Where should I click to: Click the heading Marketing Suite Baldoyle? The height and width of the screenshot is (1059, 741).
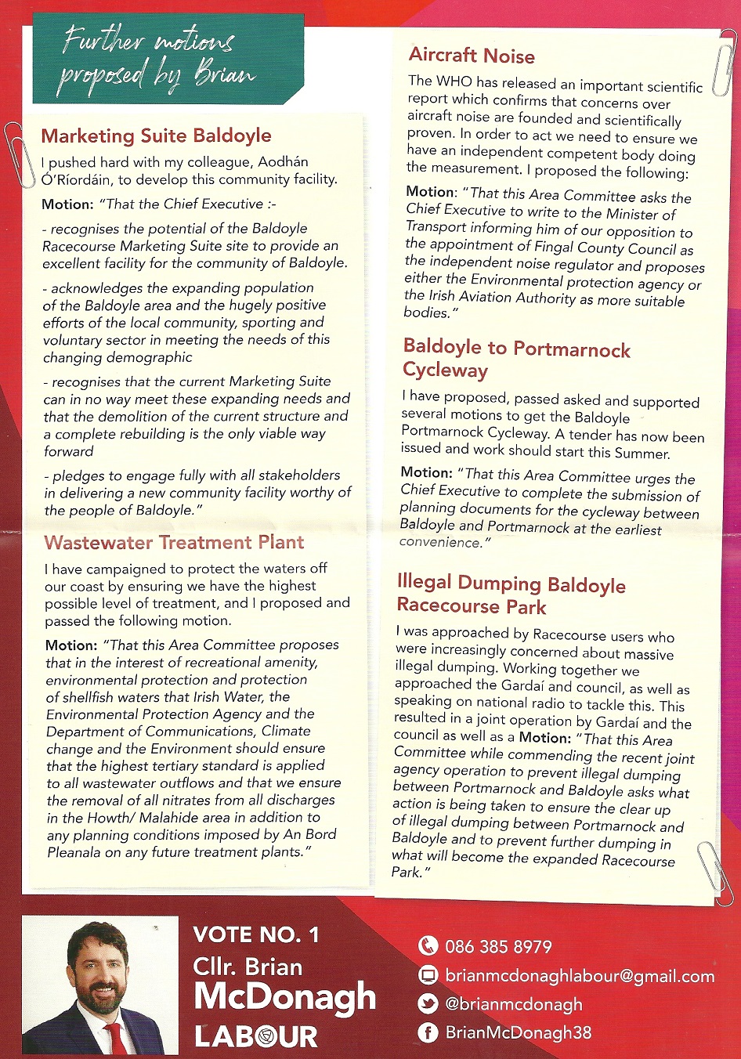(156, 136)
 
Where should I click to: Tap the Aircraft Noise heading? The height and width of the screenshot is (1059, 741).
(472, 56)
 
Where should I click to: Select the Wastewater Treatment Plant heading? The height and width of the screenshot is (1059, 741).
(174, 542)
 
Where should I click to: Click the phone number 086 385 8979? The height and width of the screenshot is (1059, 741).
(498, 946)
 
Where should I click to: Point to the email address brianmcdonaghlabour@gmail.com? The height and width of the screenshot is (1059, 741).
(580, 976)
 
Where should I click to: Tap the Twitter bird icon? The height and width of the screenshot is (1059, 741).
(428, 1004)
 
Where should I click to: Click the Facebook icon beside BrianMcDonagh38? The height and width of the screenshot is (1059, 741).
(428, 1032)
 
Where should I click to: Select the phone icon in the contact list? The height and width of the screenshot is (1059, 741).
(428, 946)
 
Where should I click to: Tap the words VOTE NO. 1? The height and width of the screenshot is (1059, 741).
(256, 934)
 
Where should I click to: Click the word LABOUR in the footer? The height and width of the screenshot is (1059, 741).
(256, 1036)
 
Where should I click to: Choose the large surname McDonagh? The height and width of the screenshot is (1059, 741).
(284, 997)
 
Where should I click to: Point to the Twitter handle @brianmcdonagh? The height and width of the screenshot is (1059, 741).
(514, 1004)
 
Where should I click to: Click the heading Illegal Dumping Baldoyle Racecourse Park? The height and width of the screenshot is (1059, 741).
(511, 594)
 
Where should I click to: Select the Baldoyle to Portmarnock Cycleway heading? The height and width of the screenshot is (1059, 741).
(516, 359)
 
